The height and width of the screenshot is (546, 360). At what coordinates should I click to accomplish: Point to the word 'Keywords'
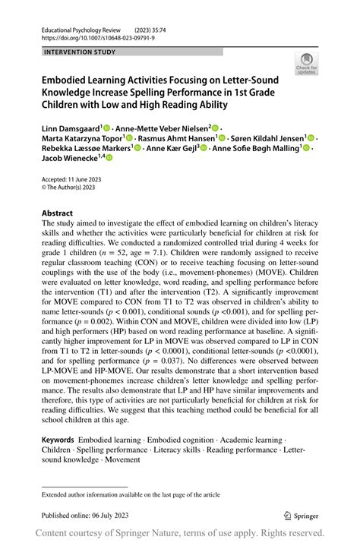click(62, 440)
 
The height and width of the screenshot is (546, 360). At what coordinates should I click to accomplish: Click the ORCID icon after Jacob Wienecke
click(109, 158)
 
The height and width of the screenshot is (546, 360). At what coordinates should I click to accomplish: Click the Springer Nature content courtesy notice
click(179, 533)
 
